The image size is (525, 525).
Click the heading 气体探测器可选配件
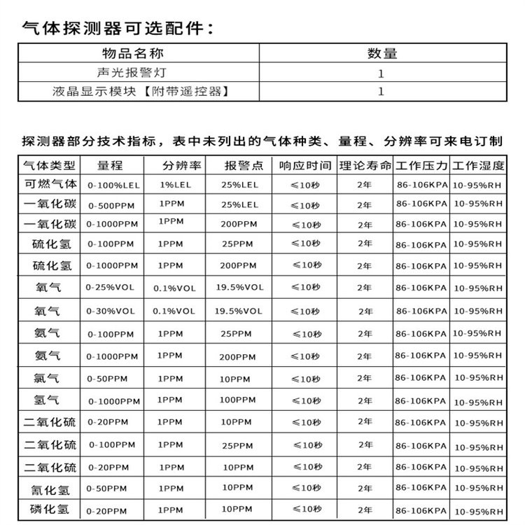coord(115,29)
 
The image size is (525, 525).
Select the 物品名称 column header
coord(141,54)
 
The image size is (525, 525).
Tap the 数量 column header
coord(382,54)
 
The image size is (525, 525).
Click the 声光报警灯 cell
coord(141,73)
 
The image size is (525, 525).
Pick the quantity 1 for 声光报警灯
coord(381,73)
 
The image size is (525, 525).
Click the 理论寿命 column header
coord(365,166)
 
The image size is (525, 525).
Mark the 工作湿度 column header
coord(478,166)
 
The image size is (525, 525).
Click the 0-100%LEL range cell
coord(113,185)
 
